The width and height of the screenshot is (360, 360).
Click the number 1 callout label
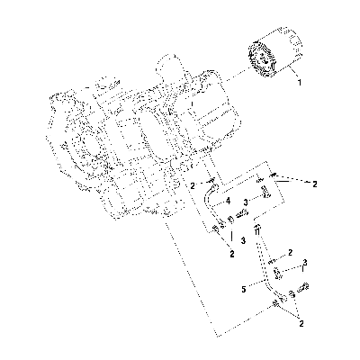coord(300,82)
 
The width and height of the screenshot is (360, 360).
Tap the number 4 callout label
coord(229,201)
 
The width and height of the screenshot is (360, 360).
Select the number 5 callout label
coord(244,290)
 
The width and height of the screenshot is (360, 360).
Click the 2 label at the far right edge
coord(314,184)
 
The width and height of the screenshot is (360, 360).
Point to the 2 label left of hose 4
coord(193,186)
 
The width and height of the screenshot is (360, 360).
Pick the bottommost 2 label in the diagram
coord(301,323)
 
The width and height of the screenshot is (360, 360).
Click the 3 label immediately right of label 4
coord(246,202)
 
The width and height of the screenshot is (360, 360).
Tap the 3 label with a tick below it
coord(305,262)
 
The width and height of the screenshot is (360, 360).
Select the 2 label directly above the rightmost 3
coord(290,253)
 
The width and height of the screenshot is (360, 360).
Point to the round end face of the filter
coord(262,61)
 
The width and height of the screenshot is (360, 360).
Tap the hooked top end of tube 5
coord(257,229)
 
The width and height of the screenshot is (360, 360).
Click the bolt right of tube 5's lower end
coord(303,287)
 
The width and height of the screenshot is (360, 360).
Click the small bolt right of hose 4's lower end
coord(242,213)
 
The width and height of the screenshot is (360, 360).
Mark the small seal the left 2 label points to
coord(211,180)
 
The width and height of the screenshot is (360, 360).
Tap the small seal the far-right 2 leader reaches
coord(273,175)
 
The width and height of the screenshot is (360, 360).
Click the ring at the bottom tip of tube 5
coord(275,304)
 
